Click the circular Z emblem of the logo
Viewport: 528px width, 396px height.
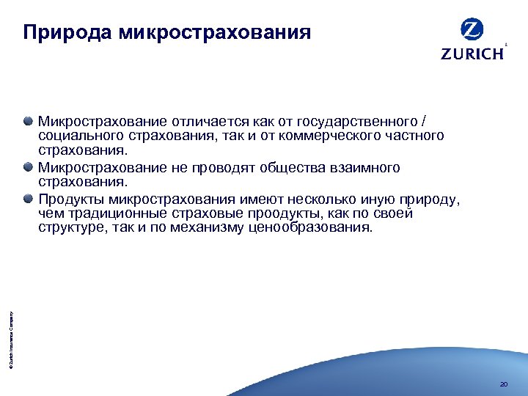(x=472, y=29)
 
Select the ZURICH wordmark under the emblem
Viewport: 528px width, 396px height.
(x=472, y=54)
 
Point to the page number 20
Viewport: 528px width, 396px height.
(x=502, y=384)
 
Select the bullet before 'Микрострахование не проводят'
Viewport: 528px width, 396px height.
(x=28, y=167)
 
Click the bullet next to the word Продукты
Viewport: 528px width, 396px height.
(x=28, y=198)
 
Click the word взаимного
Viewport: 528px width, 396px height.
(x=365, y=168)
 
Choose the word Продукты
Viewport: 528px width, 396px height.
(x=71, y=199)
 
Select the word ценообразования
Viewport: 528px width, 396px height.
(x=321, y=228)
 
